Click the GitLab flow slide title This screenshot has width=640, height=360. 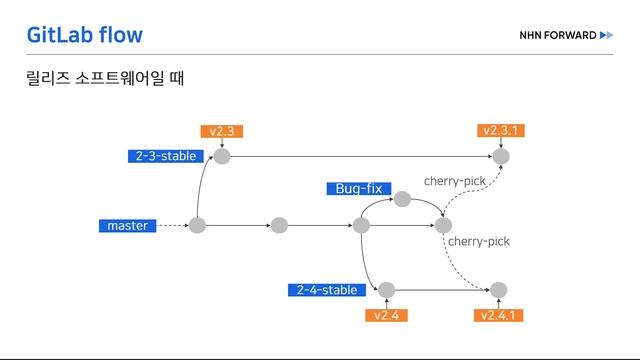85,36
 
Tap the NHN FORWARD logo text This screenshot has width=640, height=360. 558,36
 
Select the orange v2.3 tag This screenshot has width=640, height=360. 221,131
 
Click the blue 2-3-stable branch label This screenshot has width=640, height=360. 167,156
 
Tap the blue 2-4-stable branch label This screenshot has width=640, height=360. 327,290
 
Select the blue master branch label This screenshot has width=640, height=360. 128,226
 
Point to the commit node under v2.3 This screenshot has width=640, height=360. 222,156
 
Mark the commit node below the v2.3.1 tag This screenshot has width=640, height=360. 501,156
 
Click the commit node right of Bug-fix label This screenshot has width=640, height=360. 402,199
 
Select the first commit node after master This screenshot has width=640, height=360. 198,226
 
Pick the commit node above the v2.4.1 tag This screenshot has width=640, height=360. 500,290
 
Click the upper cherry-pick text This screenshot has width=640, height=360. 454,181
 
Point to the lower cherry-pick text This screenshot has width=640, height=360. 478,242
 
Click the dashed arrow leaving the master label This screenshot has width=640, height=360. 173,226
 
